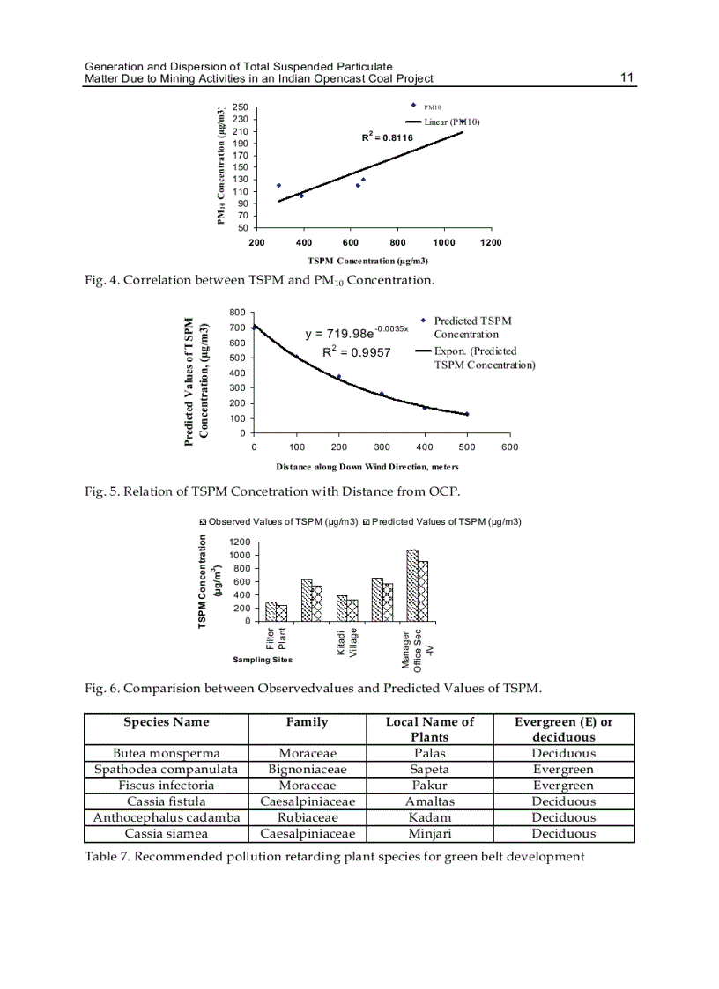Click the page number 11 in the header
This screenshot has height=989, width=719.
[626, 78]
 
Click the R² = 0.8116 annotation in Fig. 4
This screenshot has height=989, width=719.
[387, 137]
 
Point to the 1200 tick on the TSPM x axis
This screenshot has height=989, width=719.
[491, 242]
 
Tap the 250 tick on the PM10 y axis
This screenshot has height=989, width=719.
[239, 107]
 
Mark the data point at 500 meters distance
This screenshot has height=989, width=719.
[467, 413]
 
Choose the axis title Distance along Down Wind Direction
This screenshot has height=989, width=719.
[367, 466]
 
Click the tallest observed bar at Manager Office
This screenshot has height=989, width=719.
[411, 585]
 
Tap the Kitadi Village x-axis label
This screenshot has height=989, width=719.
[346, 642]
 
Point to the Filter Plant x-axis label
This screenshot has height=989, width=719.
[276, 638]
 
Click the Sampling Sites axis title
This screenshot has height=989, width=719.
[263, 659]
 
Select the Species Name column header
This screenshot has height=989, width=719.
[167, 722]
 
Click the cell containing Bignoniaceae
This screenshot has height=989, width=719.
[307, 769]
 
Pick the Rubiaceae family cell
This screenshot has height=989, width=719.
[307, 817]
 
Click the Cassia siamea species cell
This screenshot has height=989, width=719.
[167, 833]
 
